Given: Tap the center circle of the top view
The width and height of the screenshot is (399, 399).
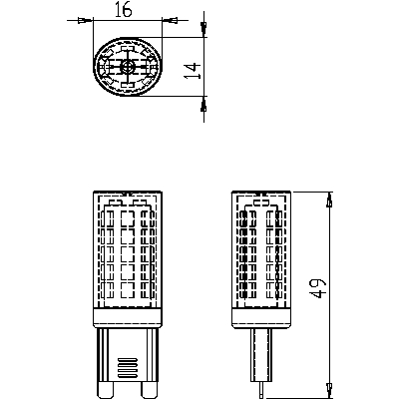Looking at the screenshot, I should (127, 67).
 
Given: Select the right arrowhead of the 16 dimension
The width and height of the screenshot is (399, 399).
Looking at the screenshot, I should (167, 19).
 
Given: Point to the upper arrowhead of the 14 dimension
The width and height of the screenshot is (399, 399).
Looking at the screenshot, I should (202, 29).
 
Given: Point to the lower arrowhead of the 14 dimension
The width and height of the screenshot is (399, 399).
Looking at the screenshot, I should (202, 103).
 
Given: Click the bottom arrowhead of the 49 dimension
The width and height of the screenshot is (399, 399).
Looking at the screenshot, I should (329, 384).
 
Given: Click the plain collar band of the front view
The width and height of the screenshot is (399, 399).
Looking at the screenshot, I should (127, 317).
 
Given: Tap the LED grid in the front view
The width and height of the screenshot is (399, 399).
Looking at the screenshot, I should (127, 254).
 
